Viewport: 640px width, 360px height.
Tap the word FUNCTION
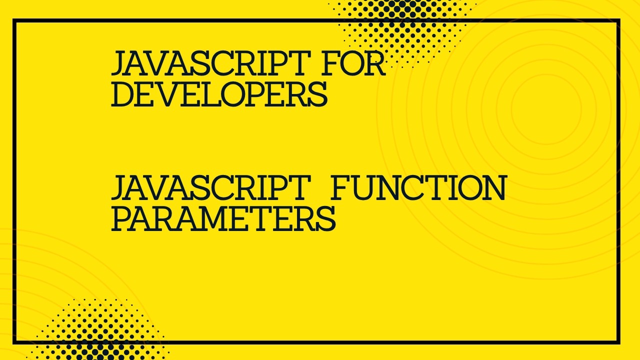click(x=418, y=188)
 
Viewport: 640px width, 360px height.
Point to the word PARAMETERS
click(x=223, y=218)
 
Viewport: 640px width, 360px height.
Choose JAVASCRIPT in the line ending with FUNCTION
click(x=208, y=188)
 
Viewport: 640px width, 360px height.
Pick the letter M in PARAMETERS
click(x=223, y=218)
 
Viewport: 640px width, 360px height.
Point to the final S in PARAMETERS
click(x=325, y=218)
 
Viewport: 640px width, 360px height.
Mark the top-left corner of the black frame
click(x=14, y=21)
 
